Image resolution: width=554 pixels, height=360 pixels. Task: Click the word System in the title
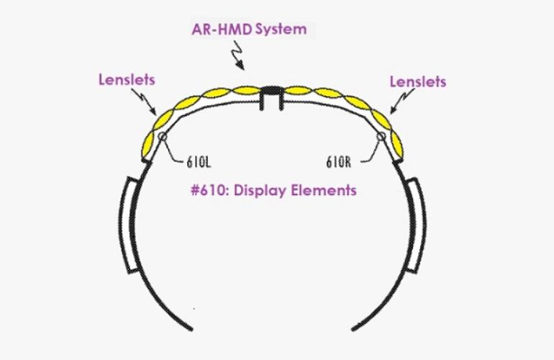(x=281, y=30)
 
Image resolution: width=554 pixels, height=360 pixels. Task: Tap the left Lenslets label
(x=127, y=80)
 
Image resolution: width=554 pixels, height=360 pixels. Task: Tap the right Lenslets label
(x=418, y=82)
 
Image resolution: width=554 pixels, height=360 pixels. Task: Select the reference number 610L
(x=199, y=162)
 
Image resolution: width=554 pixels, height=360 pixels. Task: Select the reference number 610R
(x=338, y=162)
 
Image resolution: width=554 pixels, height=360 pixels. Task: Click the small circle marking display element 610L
(x=163, y=137)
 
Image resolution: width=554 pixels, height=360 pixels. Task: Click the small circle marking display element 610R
(x=381, y=137)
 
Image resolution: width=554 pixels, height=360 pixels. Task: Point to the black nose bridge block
(x=272, y=90)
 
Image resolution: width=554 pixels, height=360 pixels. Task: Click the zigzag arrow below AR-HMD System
(x=237, y=55)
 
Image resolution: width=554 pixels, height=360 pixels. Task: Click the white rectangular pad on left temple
(x=131, y=225)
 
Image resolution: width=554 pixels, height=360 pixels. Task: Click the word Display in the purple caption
(x=260, y=191)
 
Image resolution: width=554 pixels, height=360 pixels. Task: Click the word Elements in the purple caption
(x=324, y=190)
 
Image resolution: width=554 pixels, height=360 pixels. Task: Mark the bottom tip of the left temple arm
(x=191, y=330)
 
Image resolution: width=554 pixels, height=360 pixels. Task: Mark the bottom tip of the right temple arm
(x=353, y=330)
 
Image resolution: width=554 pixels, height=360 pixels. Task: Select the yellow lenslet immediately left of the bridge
(x=246, y=91)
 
